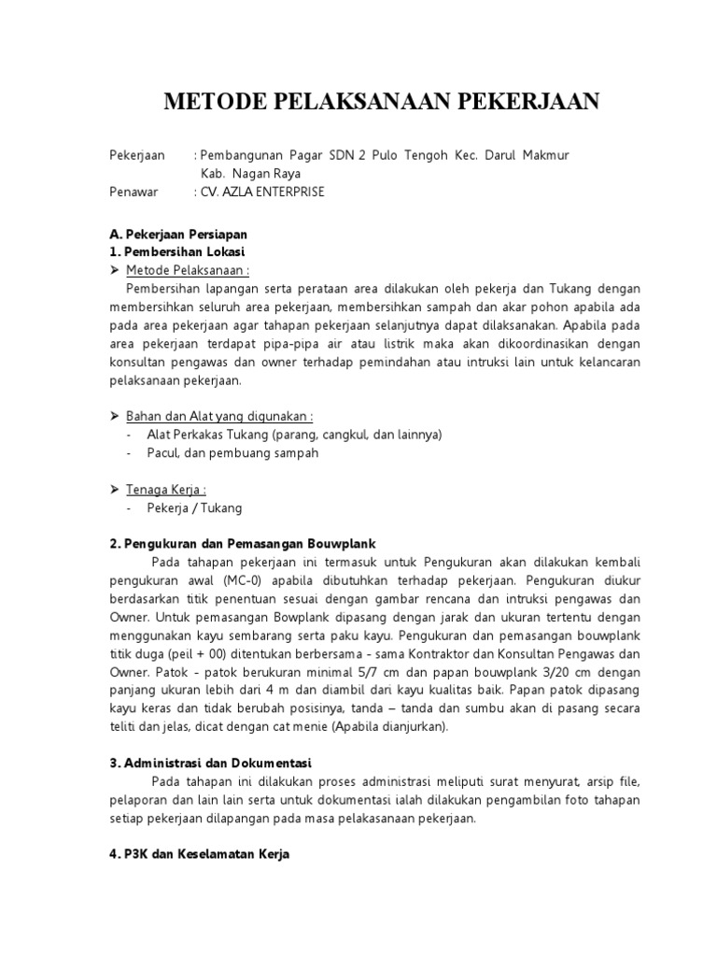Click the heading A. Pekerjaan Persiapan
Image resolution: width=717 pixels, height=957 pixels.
pyautogui.click(x=178, y=234)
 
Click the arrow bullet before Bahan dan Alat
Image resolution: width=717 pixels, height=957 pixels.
pyautogui.click(x=115, y=416)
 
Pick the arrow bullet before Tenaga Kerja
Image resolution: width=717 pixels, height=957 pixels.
pyautogui.click(x=115, y=489)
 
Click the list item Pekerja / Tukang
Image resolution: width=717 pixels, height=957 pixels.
pyautogui.click(x=194, y=507)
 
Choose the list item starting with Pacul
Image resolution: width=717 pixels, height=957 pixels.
pyautogui.click(x=232, y=452)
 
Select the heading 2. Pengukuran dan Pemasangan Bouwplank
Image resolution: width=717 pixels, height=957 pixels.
pyautogui.click(x=242, y=544)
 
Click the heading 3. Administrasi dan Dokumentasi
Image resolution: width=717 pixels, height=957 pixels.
pyautogui.click(x=210, y=762)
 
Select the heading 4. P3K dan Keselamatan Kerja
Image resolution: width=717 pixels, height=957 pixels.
pyautogui.click(x=200, y=853)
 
